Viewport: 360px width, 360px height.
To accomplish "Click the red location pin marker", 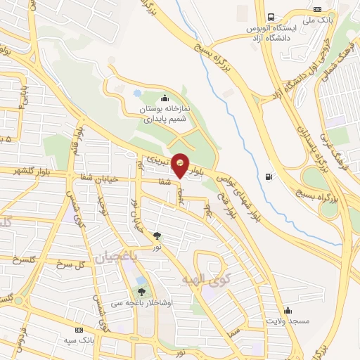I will [181, 166].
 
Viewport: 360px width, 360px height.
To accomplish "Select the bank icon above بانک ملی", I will [318, 9].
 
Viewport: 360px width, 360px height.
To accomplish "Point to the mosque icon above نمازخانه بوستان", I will [165, 98].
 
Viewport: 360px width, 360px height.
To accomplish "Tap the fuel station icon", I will [269, 176].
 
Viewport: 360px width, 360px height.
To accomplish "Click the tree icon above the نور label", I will [156, 236].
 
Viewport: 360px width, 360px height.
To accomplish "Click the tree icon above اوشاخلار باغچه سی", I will [142, 292].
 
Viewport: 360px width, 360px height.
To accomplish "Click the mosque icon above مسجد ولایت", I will [287, 310].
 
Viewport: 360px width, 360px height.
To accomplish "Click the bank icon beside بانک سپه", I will [79, 329].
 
